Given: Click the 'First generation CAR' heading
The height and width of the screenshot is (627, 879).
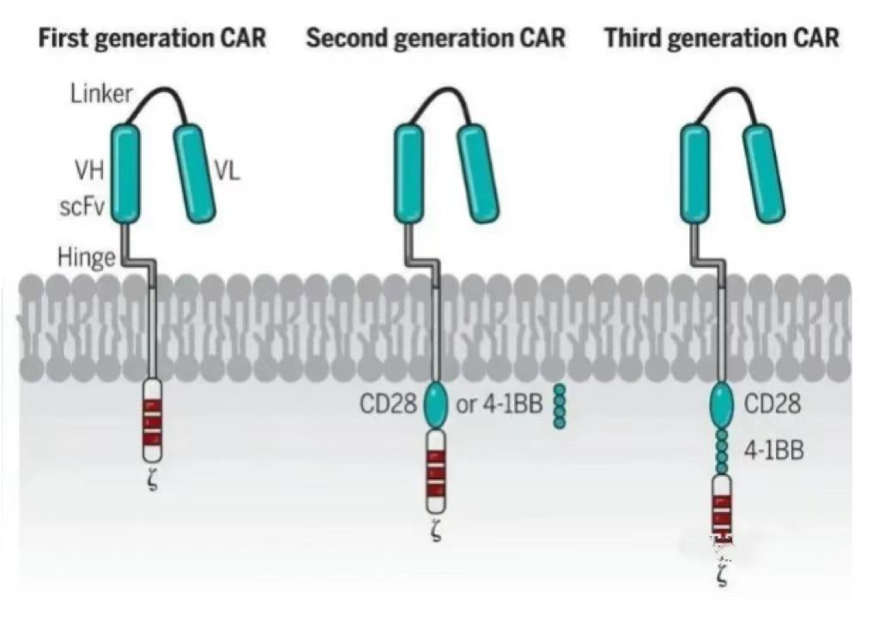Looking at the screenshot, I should pos(152,39).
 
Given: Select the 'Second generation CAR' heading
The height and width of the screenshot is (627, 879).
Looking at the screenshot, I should pos(436,39).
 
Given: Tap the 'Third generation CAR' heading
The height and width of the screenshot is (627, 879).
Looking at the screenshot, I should pos(722,39).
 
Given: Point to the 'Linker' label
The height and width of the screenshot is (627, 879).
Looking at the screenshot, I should pos(101,94).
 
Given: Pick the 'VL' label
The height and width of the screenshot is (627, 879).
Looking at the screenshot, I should pos(227,172).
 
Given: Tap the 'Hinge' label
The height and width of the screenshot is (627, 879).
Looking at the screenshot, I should pos(87,256).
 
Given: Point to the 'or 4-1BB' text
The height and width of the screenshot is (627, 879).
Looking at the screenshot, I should pos(500,404).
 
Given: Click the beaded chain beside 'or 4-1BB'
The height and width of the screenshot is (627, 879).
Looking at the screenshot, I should pos(560,406).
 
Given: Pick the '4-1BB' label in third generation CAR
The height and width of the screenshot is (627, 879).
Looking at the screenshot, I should pos(774,450).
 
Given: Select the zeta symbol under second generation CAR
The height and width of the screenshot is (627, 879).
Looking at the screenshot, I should pos(435,537).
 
